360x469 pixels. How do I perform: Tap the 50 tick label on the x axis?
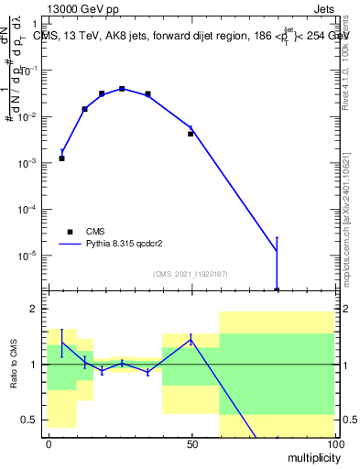click(191, 443)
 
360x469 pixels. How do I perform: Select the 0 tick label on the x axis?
click(49, 443)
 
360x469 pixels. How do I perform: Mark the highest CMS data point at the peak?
click(122, 89)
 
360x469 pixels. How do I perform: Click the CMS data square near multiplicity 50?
click(191, 134)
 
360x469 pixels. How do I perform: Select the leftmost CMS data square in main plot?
click(61, 158)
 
